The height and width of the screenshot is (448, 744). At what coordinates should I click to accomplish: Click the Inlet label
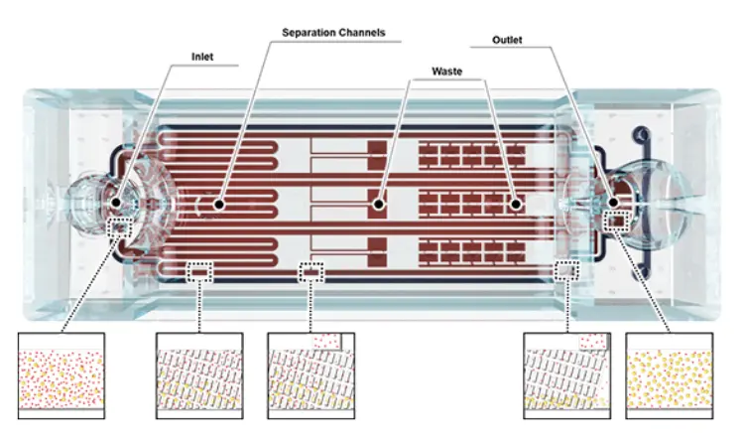202,57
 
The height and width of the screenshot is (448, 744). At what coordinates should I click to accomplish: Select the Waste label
447,72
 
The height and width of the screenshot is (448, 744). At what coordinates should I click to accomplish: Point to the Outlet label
507,41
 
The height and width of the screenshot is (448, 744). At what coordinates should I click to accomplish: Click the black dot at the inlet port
117,203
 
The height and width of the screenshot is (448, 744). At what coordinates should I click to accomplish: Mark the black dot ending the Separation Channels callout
217,204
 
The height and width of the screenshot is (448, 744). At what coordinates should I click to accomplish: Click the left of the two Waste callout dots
377,205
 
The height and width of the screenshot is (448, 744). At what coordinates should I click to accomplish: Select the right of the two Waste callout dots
515,205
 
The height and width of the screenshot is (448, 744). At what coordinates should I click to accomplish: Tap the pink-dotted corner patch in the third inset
326,340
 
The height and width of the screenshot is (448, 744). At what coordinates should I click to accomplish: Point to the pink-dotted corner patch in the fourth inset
595,340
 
